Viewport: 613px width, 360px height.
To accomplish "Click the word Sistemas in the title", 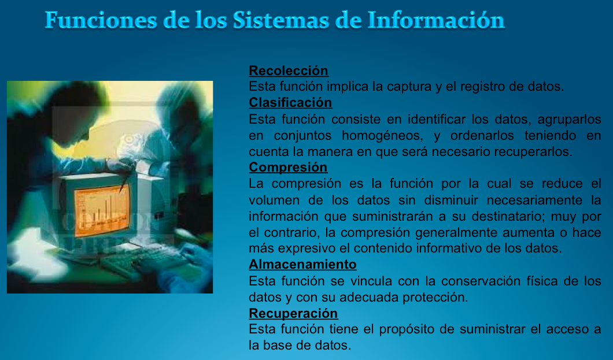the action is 281,20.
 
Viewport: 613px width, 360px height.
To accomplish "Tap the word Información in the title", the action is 436,20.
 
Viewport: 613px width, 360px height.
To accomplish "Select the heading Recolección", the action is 289,70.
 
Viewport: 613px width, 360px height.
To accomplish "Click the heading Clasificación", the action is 290,102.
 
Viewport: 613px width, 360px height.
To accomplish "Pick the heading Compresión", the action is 288,167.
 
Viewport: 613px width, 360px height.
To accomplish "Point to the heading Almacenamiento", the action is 302,264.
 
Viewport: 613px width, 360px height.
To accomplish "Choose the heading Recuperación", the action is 293,314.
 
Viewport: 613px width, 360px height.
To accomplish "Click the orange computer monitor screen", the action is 101,210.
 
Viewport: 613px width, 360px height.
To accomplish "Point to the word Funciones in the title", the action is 101,20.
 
